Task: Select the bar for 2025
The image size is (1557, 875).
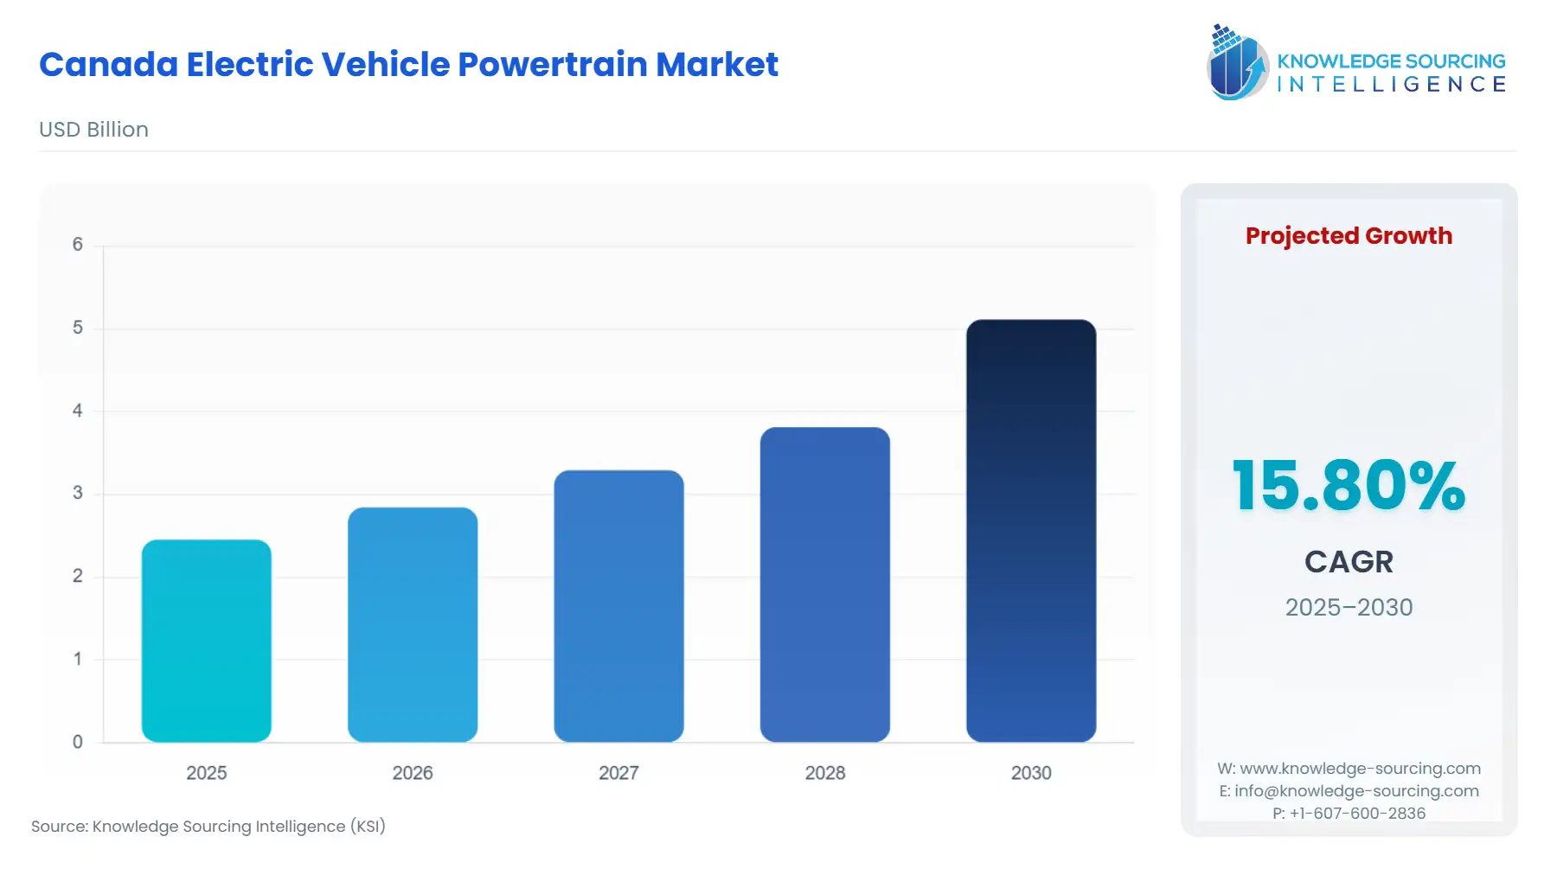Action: point(206,641)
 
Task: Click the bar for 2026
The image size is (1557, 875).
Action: point(413,624)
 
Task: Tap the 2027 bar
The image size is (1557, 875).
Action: point(618,605)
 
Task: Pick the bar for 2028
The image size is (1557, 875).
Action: point(824,584)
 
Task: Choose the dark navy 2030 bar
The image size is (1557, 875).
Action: point(1031,530)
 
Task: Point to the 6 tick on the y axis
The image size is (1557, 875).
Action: point(78,245)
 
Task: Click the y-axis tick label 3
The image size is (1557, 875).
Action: point(78,493)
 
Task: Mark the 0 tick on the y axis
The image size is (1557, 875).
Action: point(78,742)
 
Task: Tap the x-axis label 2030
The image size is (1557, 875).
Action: point(1031,773)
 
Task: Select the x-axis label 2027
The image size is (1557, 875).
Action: point(618,773)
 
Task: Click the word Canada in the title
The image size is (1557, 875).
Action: point(108,65)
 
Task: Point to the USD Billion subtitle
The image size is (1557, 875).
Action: point(93,130)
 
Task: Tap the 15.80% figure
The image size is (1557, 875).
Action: point(1349,486)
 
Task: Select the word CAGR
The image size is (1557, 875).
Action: point(1349,562)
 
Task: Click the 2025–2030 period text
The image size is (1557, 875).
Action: point(1349,607)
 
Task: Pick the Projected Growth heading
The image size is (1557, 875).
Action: point(1349,235)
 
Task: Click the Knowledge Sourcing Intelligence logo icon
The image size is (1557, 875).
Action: point(1237,62)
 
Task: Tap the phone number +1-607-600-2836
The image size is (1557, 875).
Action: point(1357,813)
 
